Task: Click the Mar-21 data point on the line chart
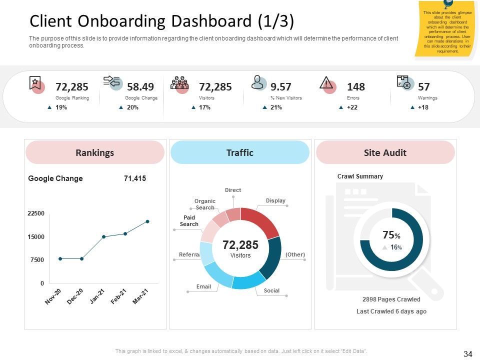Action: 147,221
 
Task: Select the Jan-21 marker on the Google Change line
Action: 104,236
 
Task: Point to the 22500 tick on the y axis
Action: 36,213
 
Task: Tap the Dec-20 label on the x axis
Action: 75,296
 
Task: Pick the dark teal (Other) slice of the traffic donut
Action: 271,257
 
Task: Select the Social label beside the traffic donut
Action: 271,290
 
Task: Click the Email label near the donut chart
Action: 203,286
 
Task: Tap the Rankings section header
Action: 95,152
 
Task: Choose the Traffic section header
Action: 240,152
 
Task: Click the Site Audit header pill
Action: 385,152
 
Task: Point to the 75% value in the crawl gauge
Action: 391,235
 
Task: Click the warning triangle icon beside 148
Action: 326,82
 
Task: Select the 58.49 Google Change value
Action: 140,86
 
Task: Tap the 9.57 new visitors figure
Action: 280,86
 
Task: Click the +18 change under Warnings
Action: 423,107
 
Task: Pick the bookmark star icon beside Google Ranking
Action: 35,82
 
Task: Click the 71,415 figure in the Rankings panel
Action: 135,178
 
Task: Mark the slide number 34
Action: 468,354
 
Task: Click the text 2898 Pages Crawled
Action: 391,299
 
